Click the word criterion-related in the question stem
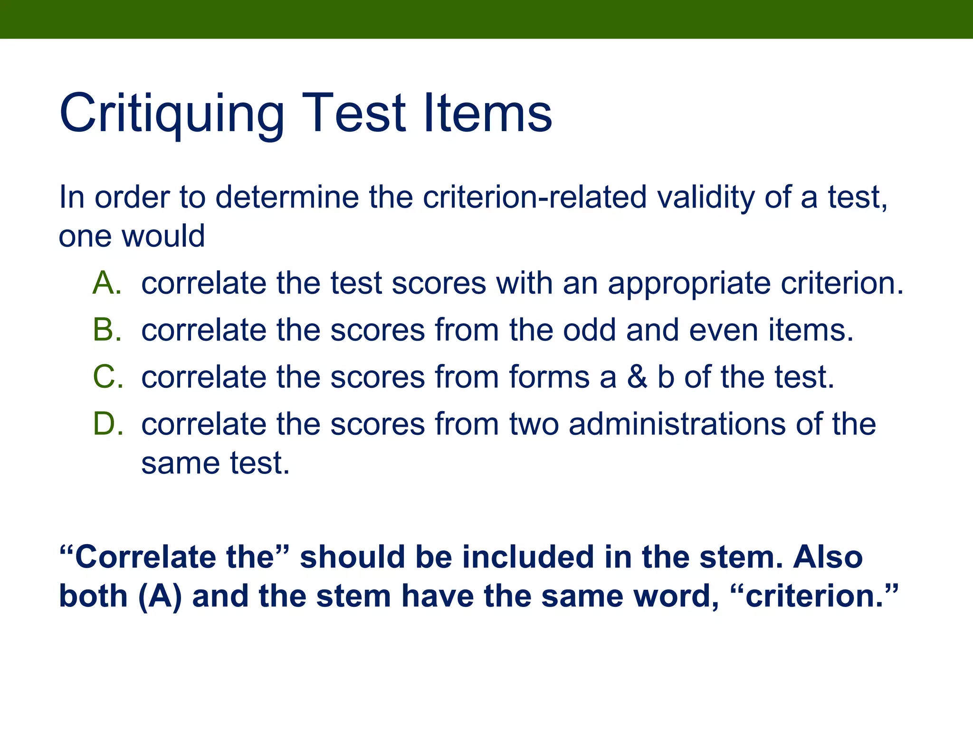point(534,197)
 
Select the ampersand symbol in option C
point(637,377)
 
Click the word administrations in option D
point(677,424)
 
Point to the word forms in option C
point(549,377)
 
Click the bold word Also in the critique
point(828,557)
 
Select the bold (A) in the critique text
point(160,596)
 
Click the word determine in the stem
point(287,197)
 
